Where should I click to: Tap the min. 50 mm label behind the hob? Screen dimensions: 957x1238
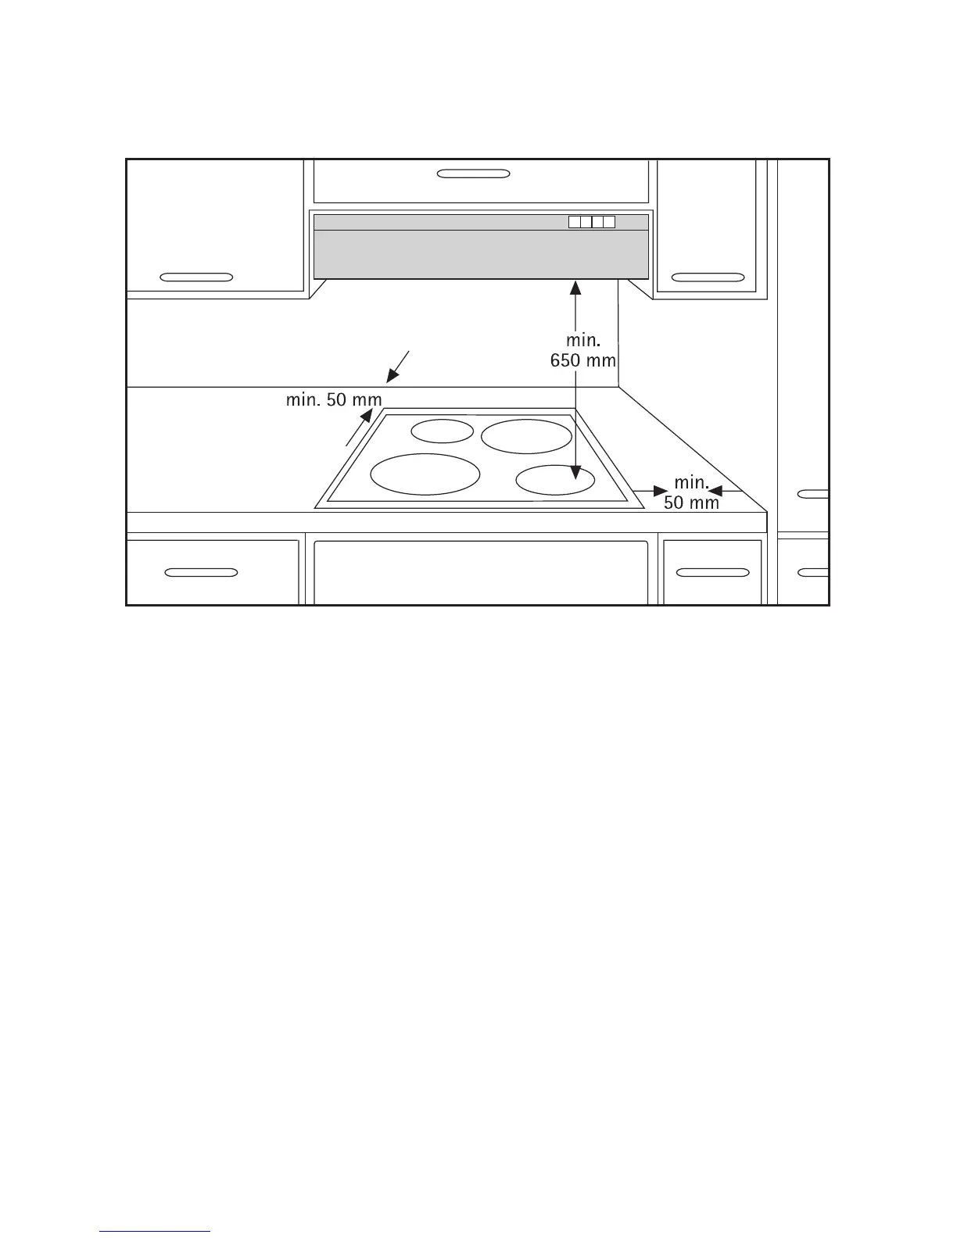[334, 400]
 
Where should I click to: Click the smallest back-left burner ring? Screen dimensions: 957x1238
[443, 431]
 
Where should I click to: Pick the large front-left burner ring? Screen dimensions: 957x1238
[425, 474]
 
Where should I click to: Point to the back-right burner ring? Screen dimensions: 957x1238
[526, 436]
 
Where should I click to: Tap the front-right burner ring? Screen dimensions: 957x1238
[555, 480]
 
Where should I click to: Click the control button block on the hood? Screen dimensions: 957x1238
[592, 222]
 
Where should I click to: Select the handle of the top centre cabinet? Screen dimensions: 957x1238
[474, 173]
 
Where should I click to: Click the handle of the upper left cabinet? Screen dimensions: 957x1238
[196, 277]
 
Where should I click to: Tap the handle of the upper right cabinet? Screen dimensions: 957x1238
[708, 277]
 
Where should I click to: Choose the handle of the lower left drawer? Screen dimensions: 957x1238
[202, 573]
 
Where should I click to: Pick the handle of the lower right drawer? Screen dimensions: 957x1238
[712, 573]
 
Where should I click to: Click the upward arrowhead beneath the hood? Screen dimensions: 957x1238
[576, 288]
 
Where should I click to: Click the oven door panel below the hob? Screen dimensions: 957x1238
[481, 572]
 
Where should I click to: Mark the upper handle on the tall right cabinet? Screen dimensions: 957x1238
[813, 494]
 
